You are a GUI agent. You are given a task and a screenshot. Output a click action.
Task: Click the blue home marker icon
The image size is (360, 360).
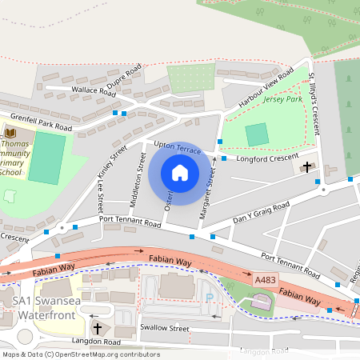tap(180, 173)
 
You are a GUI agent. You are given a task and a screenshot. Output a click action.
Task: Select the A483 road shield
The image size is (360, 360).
tap(265, 281)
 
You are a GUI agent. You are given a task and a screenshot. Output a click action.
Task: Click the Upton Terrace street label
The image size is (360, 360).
tap(177, 149)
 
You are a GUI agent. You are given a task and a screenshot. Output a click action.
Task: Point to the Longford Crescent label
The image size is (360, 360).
tap(268, 157)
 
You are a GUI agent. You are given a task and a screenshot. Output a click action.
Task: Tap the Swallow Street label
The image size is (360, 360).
tap(164, 328)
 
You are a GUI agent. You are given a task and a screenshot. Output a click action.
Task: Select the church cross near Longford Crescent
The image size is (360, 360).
tap(309, 167)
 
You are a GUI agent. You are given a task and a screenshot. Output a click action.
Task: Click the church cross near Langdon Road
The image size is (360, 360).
tap(98, 328)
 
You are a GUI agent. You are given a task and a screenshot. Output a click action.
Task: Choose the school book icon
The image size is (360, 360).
tap(10, 133)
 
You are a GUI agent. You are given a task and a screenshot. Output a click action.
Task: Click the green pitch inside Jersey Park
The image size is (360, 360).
tap(257, 134)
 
